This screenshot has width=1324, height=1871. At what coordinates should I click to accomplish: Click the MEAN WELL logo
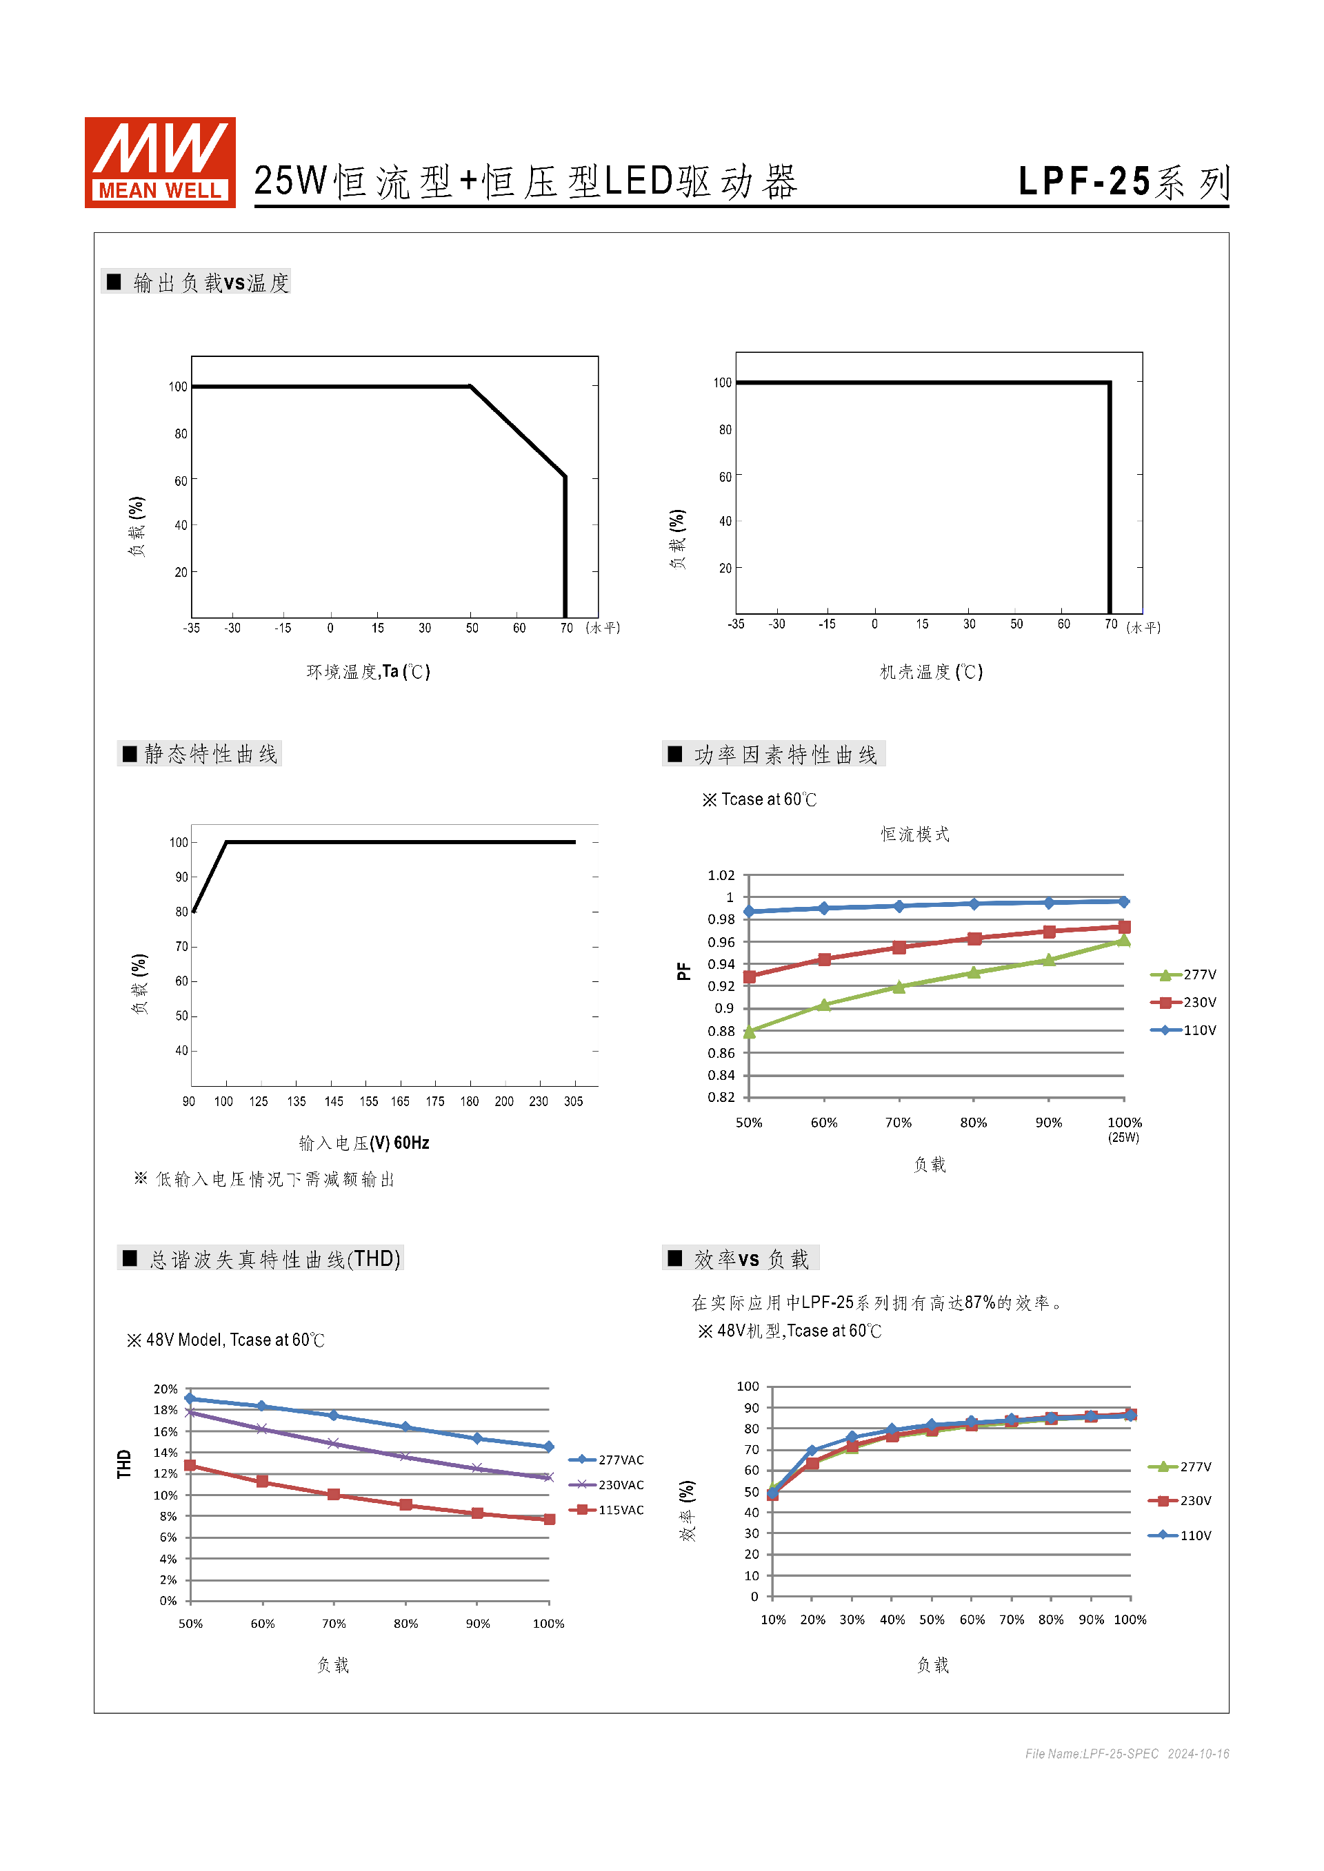click(x=160, y=162)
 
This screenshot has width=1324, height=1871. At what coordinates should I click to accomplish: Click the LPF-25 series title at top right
click(x=1123, y=182)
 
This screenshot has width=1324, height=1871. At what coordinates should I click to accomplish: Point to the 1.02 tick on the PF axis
click(x=721, y=875)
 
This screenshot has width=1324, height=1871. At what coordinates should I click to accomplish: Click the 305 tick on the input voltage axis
click(x=573, y=1101)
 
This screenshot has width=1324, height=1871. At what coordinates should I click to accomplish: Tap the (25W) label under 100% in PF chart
click(x=1123, y=1138)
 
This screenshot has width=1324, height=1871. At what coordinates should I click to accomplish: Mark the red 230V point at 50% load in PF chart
click(x=750, y=977)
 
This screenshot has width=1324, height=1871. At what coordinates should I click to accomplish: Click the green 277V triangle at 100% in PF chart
click(x=1123, y=941)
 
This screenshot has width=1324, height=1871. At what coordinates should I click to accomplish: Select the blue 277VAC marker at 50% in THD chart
click(x=190, y=1398)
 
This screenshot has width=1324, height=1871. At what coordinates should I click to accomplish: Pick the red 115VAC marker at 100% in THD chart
click(x=550, y=1519)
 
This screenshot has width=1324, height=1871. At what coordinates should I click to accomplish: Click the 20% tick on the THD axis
click(x=165, y=1389)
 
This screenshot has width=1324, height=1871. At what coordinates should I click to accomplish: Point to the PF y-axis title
click(x=683, y=972)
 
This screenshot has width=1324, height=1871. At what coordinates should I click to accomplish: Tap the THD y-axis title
click(x=124, y=1464)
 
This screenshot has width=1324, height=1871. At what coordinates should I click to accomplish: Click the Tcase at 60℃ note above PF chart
click(x=760, y=799)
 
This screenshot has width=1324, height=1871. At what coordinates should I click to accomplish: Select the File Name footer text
click(x=1127, y=1754)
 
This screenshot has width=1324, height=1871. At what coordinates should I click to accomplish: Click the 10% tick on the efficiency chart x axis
click(x=773, y=1619)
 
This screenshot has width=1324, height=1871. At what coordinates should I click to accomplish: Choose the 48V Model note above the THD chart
click(x=225, y=1340)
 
